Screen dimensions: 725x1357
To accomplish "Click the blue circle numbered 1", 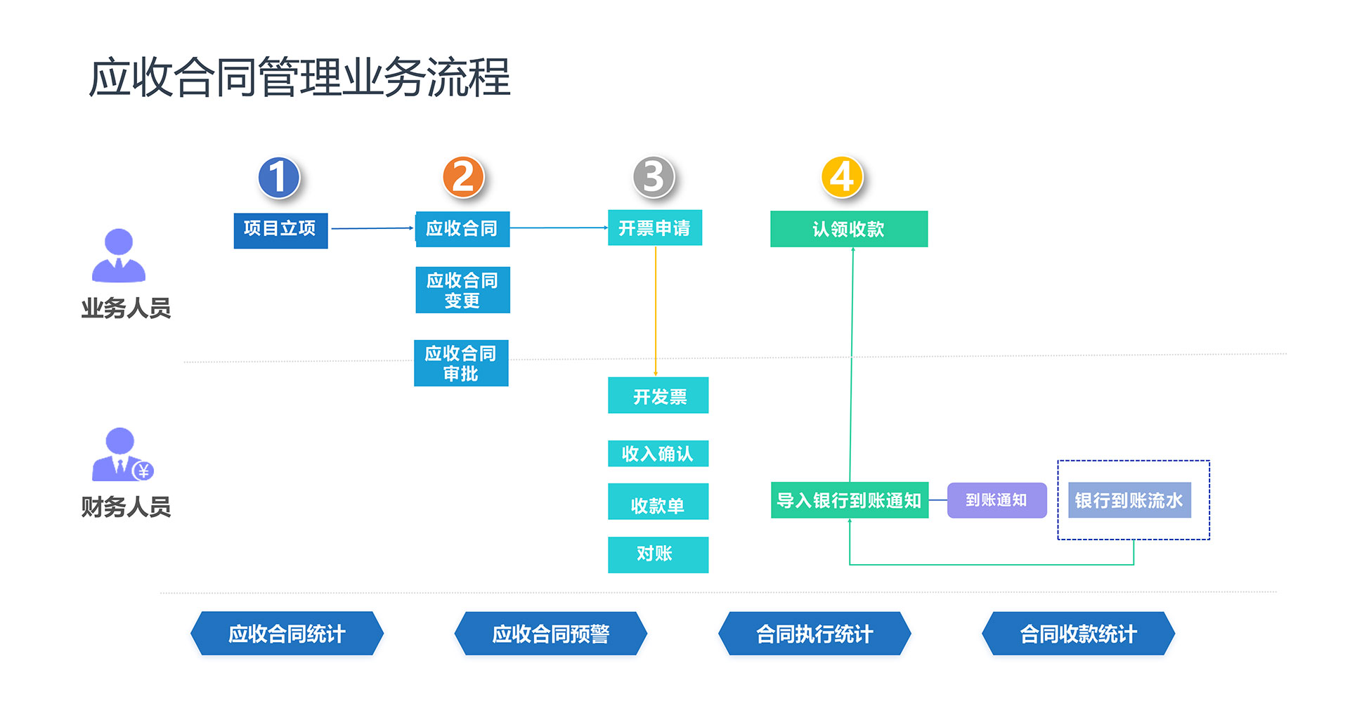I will pyautogui.click(x=279, y=177).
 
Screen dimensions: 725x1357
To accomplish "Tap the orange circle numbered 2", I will pyautogui.click(x=463, y=177).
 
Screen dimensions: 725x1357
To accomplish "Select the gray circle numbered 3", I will pyautogui.click(x=654, y=177).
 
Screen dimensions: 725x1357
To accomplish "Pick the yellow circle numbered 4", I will pyautogui.click(x=842, y=177).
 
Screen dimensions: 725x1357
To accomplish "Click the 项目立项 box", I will pyautogui.click(x=280, y=230).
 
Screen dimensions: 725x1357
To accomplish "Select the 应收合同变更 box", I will pyautogui.click(x=462, y=289).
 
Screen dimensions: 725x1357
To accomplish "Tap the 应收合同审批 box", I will pyautogui.click(x=461, y=362).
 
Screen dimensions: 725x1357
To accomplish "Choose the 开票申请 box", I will pyautogui.click(x=654, y=228).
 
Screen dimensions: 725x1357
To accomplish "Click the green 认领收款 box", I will pyautogui.click(x=848, y=229).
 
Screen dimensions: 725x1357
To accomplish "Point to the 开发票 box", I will pyautogui.click(x=658, y=396).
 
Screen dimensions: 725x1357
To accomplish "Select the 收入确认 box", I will pyautogui.click(x=658, y=453).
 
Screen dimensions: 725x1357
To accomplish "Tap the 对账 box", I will pyautogui.click(x=658, y=554).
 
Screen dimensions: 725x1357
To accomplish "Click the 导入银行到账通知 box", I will pyautogui.click(x=849, y=500).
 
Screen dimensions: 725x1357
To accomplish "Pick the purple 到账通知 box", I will pyautogui.click(x=996, y=500).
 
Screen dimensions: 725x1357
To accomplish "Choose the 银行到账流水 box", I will pyautogui.click(x=1129, y=500).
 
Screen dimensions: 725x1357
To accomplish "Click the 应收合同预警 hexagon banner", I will pyautogui.click(x=550, y=634).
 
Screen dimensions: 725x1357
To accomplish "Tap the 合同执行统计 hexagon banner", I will pyautogui.click(x=814, y=634).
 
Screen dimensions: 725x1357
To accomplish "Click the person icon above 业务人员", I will pyautogui.click(x=119, y=256).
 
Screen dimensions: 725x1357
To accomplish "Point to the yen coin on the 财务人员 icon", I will pyautogui.click(x=143, y=471).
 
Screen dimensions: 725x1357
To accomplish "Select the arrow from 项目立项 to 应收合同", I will pyautogui.click(x=372, y=228).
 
